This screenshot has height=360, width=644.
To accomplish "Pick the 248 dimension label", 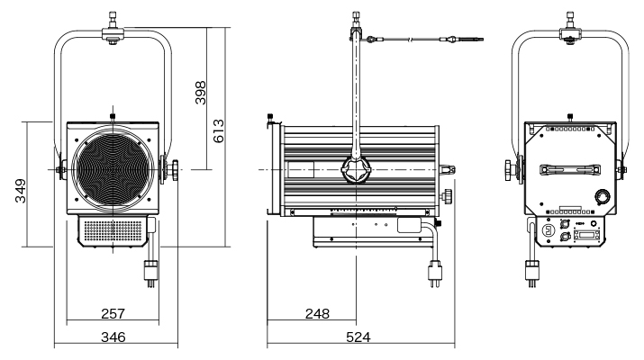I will [x=316, y=313].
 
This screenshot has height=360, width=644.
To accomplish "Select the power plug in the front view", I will [x=151, y=271].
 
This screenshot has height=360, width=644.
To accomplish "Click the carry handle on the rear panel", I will [x=570, y=170].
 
